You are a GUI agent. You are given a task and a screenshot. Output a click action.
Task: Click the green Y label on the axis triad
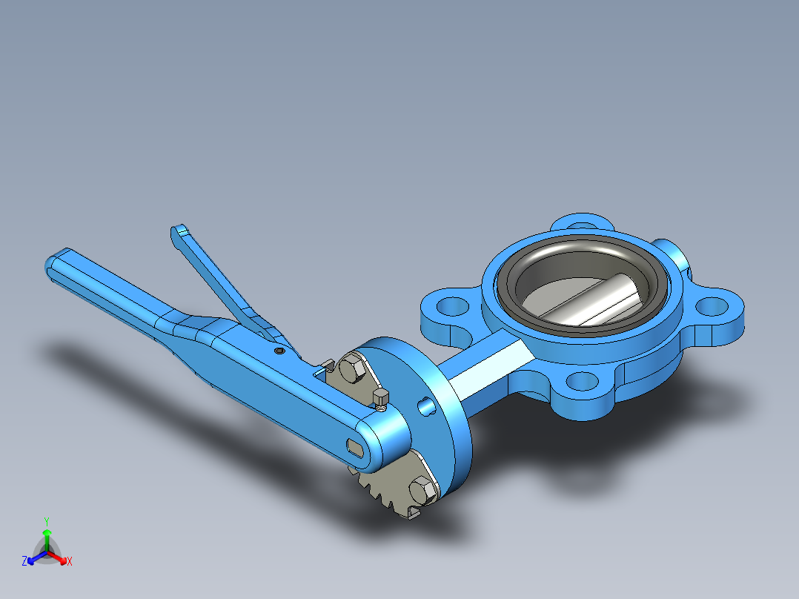point(47,521)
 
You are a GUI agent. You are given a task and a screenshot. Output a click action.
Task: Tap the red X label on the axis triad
point(69,562)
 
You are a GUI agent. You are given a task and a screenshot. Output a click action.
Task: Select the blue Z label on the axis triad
point(24,562)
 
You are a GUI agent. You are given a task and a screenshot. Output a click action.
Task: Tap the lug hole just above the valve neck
point(450,305)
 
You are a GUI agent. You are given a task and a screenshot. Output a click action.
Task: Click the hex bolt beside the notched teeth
point(420,490)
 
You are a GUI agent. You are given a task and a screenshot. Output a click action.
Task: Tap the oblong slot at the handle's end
point(356,446)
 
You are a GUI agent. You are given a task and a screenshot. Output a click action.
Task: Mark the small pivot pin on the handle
point(279,351)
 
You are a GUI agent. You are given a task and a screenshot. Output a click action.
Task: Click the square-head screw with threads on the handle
point(382,399)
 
